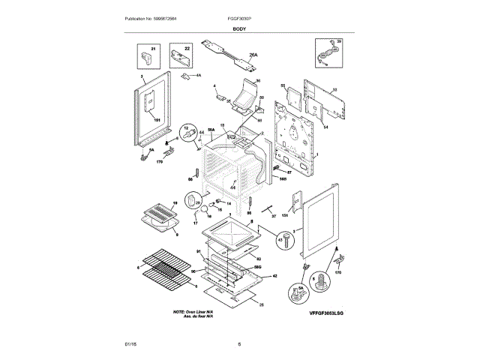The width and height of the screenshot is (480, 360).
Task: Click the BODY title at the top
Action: (x=239, y=28)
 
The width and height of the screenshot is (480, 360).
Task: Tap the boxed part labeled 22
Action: (x=178, y=56)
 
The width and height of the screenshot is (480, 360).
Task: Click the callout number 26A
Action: (x=253, y=55)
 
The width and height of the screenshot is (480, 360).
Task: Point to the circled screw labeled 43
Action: (x=284, y=240)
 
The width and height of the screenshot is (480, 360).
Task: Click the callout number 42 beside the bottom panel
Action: (x=275, y=275)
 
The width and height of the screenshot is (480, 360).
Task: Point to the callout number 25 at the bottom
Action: (x=262, y=304)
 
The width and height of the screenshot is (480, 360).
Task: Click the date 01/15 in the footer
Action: (x=130, y=344)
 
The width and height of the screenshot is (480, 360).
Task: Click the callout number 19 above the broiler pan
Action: (x=174, y=203)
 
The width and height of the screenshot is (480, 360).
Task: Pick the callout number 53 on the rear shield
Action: (x=334, y=90)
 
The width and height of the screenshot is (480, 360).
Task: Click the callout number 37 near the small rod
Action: (x=274, y=216)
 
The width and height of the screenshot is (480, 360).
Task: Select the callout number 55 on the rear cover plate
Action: (x=283, y=85)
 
